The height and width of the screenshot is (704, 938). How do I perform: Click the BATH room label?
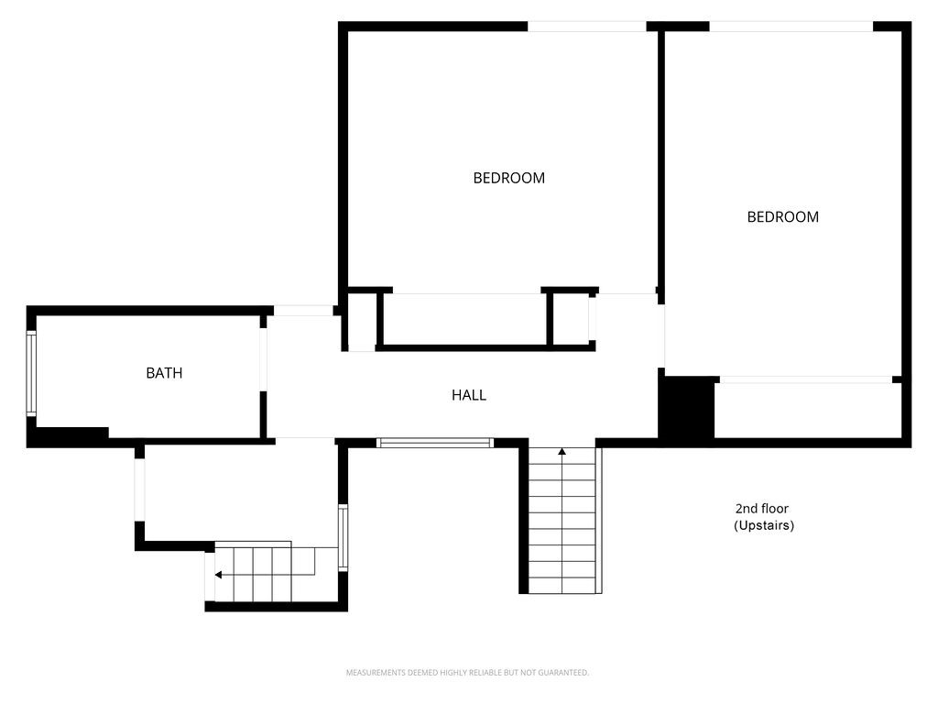pyautogui.click(x=164, y=373)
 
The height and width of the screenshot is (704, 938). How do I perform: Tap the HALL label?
pyautogui.click(x=469, y=395)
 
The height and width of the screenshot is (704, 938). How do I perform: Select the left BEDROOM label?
pyautogui.click(x=508, y=178)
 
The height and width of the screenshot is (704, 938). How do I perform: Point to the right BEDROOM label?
pyautogui.click(x=782, y=217)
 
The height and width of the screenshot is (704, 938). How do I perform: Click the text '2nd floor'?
pyautogui.click(x=761, y=509)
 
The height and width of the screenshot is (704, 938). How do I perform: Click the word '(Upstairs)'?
pyautogui.click(x=763, y=526)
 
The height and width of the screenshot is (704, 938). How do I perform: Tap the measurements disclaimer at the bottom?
pyautogui.click(x=467, y=673)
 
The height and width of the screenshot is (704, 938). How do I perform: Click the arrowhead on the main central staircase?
pyautogui.click(x=562, y=451)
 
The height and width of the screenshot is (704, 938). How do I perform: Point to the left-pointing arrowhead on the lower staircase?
pyautogui.click(x=219, y=575)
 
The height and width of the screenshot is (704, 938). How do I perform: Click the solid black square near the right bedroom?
pyautogui.click(x=687, y=408)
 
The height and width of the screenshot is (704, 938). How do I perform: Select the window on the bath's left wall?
pyautogui.click(x=31, y=374)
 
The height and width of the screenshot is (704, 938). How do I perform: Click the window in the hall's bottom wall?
pyautogui.click(x=435, y=443)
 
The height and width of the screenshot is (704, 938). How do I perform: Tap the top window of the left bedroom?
pyautogui.click(x=586, y=27)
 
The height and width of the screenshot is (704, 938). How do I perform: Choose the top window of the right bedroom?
pyautogui.click(x=791, y=27)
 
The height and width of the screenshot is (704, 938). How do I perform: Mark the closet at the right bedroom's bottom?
pyautogui.click(x=807, y=410)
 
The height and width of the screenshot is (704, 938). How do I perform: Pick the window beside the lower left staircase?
pyautogui.click(x=343, y=537)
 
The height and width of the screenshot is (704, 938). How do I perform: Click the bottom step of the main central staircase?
pyautogui.click(x=562, y=585)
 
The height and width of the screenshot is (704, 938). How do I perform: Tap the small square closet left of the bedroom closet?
pyautogui.click(x=362, y=320)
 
